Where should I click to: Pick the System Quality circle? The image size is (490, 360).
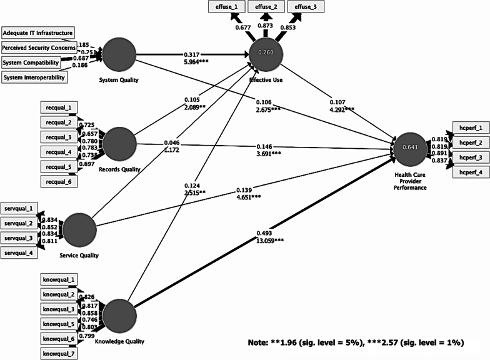point(118,55)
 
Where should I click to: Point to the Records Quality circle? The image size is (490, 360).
point(118,144)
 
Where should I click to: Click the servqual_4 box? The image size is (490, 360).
point(19,252)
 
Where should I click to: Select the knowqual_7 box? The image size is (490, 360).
point(60,354)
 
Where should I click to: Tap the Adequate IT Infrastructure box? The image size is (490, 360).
point(38,32)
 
